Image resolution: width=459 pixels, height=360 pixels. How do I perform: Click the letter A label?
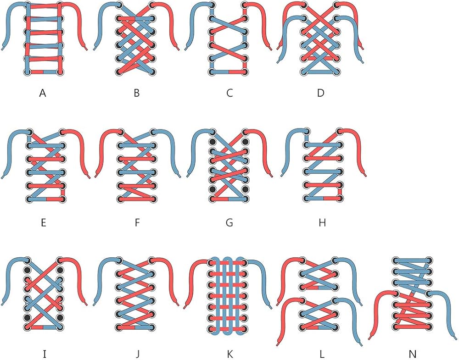43,93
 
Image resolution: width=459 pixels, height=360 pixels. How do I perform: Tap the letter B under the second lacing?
136,93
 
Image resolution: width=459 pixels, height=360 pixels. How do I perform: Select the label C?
229,93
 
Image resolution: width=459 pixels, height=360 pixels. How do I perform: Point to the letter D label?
321,93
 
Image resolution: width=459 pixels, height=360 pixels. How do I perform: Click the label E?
44,223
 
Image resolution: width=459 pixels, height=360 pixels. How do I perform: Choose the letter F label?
137,223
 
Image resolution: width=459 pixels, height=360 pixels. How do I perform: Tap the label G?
229,223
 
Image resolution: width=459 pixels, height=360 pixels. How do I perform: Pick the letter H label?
322,223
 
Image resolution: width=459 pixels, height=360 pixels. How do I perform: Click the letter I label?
44,354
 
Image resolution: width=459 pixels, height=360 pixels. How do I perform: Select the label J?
137,354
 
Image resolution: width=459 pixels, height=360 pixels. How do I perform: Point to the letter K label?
230,354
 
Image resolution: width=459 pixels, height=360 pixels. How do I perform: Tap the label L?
322,354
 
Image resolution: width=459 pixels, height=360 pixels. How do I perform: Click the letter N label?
413,354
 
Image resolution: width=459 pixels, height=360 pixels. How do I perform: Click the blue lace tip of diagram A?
3,48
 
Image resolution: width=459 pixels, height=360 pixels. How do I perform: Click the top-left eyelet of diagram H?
307,131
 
